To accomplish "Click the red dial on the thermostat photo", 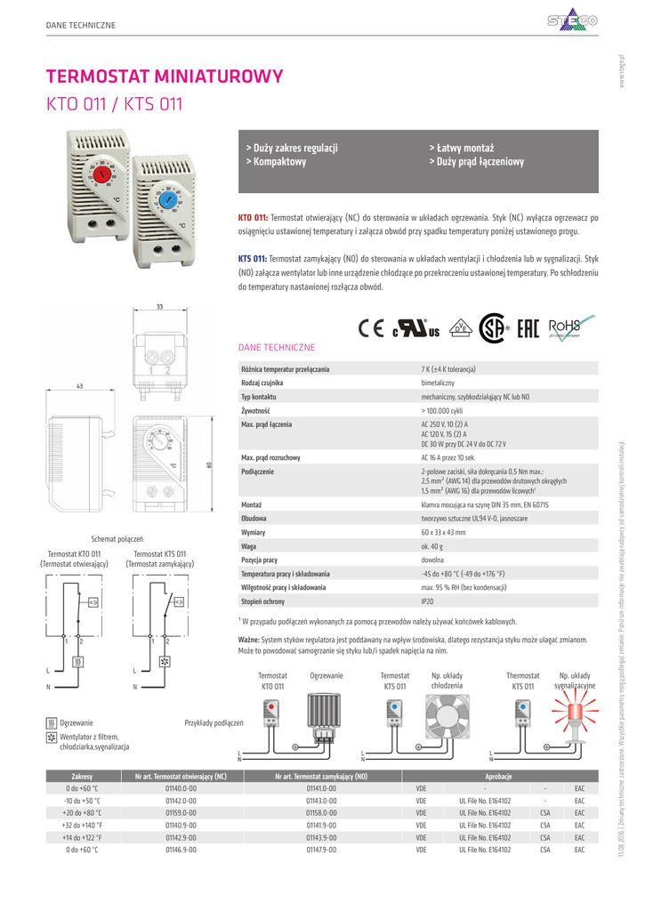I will point(105,175).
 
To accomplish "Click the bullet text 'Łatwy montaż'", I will point(462,148).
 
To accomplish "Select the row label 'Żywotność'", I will point(255,412).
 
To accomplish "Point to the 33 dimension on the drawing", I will point(159,307).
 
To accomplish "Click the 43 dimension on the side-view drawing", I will point(79,386).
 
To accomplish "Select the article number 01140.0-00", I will point(181,788).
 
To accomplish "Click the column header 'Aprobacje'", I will point(497,777).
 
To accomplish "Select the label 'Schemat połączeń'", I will point(117,539).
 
